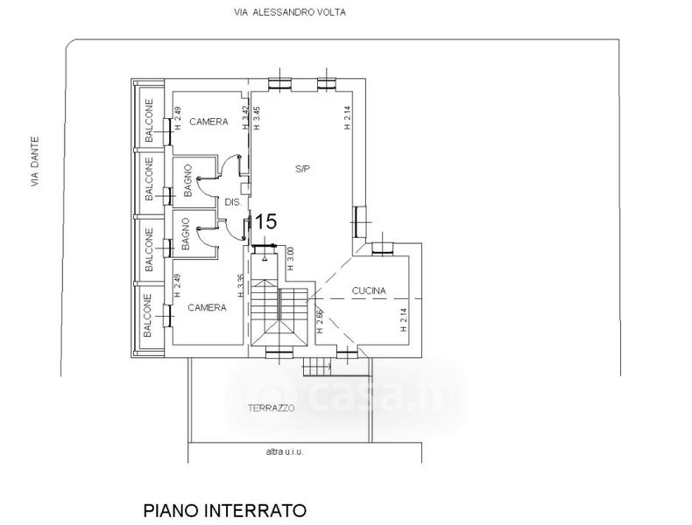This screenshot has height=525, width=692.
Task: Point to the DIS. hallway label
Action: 232,202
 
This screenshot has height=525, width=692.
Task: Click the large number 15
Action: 265,223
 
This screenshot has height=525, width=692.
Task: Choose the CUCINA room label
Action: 369,290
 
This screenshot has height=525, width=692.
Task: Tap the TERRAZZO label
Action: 271,409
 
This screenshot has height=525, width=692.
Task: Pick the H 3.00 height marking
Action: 291,257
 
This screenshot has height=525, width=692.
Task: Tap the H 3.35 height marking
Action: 241,286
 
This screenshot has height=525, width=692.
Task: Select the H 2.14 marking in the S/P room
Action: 347,118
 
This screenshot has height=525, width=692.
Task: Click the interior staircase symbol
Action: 279,316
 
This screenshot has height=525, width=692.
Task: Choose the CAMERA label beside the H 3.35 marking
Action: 208,307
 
